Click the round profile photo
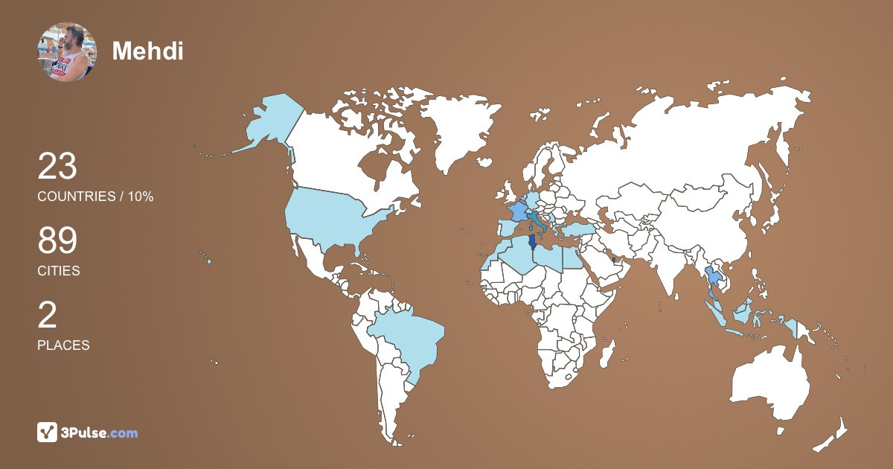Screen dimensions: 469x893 66,51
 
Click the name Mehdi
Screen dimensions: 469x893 147,51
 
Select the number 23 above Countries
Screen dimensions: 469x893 57,166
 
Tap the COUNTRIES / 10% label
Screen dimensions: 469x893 95,197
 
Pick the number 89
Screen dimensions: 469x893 57,241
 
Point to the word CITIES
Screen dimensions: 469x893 59,271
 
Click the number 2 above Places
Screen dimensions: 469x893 47,316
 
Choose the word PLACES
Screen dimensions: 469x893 63,345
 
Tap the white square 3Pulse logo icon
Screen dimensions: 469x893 48,433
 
